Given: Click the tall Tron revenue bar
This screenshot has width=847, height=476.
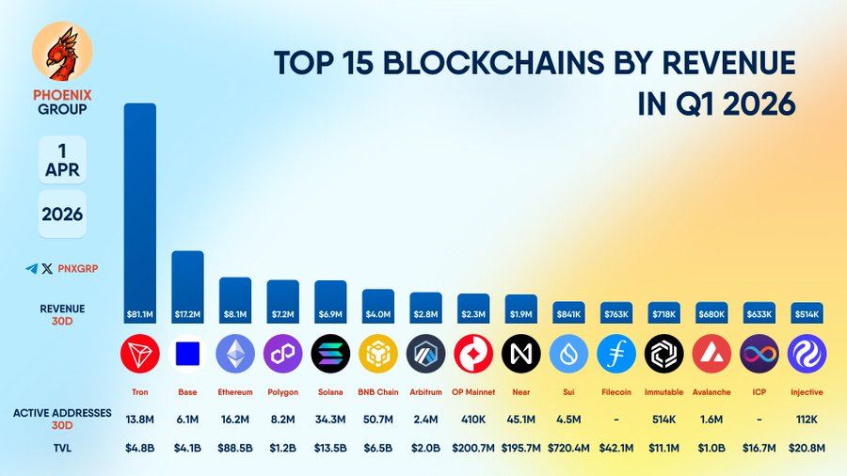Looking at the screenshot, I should click(x=140, y=207).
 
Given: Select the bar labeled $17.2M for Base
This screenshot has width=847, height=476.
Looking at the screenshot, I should click(x=187, y=282).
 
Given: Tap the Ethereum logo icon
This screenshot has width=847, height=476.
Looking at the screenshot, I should click(x=235, y=354).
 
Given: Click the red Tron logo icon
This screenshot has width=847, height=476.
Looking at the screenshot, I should click(x=140, y=354).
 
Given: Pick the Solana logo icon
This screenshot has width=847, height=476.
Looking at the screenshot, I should click(x=330, y=354).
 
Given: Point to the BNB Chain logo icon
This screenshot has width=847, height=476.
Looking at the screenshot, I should click(x=377, y=354).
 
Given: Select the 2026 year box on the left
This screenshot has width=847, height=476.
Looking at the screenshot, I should click(x=63, y=214).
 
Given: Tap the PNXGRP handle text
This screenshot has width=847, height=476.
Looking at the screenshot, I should click(x=77, y=268).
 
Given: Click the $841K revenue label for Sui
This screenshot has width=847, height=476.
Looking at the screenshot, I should click(x=568, y=313).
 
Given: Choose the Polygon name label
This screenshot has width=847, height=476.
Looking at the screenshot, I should click(x=282, y=390).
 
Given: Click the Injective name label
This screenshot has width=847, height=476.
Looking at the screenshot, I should click(x=807, y=390).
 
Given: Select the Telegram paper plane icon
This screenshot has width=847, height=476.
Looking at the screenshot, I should click(x=31, y=268).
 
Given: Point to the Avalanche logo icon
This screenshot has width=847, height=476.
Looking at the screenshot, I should click(x=711, y=354).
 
